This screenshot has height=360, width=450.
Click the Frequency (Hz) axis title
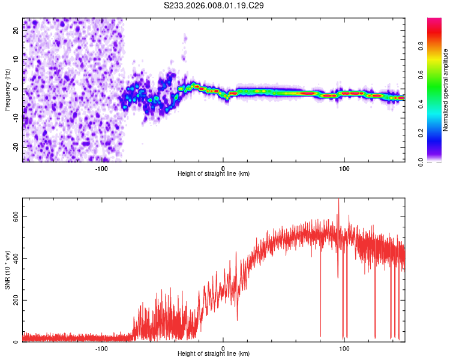pyautogui.click(x=7, y=90)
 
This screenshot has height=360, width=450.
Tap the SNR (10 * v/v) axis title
pyautogui.click(x=7, y=270)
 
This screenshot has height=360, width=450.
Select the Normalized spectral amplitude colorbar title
pyautogui.click(x=446, y=90)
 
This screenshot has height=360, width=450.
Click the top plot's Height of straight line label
pyautogui.click(x=214, y=173)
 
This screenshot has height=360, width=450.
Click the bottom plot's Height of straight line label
pyautogui.click(x=214, y=353)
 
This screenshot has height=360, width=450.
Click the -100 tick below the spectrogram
pyautogui.click(x=101, y=169)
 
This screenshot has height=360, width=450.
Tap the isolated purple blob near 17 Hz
pyautogui.click(x=185, y=38)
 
